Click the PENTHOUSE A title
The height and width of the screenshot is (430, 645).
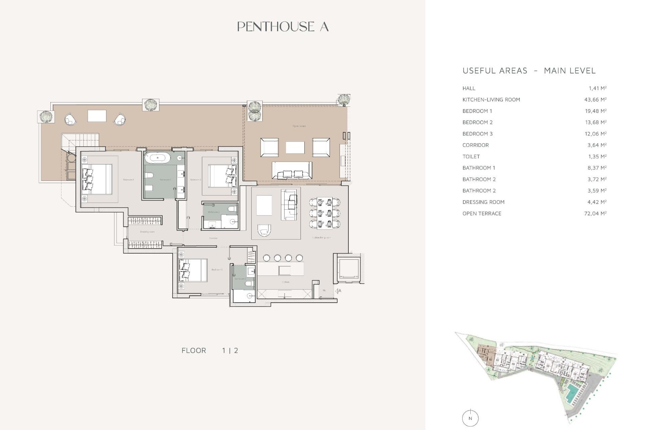[283, 27]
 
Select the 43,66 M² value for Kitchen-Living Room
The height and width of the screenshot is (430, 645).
[595, 100]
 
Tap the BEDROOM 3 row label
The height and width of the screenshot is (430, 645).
[477, 134]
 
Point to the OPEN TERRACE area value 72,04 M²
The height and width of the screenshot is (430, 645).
[595, 213]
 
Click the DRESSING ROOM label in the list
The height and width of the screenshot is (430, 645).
[483, 202]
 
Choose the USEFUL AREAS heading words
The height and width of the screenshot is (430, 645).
[494, 71]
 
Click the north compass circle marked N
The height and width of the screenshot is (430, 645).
[470, 418]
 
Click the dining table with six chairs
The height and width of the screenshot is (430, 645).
[325, 213]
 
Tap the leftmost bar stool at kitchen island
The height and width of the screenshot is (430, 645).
[266, 258]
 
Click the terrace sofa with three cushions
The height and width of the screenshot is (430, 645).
[292, 170]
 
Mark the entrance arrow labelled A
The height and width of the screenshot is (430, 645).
[338, 291]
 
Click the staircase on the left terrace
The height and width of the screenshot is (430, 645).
[80, 141]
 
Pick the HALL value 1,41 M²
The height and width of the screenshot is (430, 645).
[597, 88]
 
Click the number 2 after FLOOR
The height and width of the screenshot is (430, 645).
[236, 350]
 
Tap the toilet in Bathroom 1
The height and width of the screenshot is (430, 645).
[149, 175]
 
